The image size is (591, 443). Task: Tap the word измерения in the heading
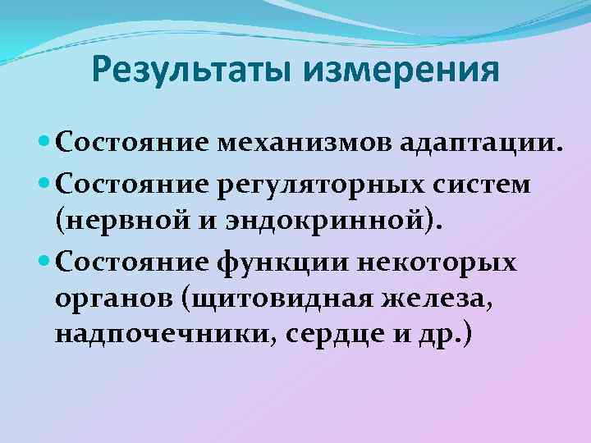[x=401, y=69]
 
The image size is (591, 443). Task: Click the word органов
[x=112, y=299]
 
